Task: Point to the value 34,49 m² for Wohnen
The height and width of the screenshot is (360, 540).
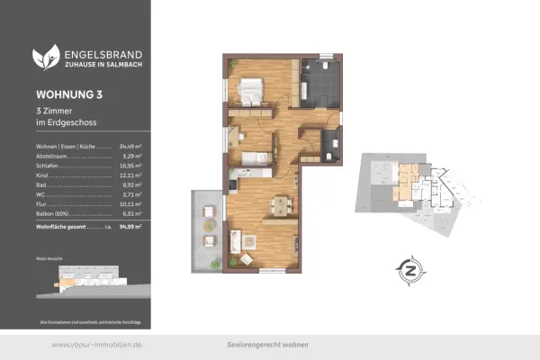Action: pyautogui.click(x=133, y=146)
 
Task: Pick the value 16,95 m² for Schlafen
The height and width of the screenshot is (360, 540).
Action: pyautogui.click(x=133, y=166)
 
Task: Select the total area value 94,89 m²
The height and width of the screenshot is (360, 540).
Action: pyautogui.click(x=132, y=228)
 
